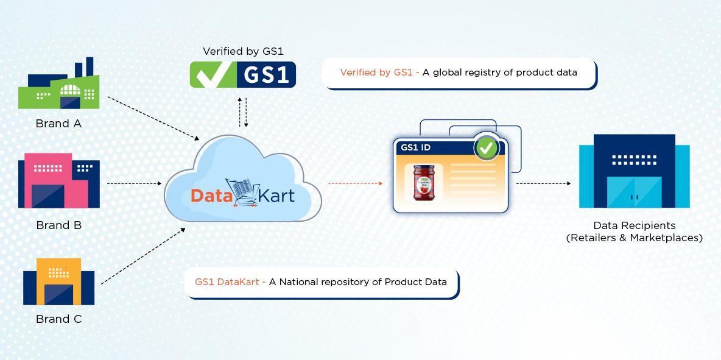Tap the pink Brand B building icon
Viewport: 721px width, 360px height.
pos(58,181)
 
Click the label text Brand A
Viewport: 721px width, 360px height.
pos(58,124)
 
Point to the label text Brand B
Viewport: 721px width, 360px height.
pos(58,225)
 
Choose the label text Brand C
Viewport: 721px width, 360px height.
pos(58,319)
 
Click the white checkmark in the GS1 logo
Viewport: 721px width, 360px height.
pos(211,74)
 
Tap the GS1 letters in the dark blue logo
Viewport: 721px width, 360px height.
pos(266,74)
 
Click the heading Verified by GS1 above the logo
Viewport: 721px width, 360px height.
pos(243,51)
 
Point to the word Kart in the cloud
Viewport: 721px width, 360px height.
pos(276,196)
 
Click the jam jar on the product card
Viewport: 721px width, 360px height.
pos(424,182)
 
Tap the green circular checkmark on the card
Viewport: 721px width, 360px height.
pos(487,147)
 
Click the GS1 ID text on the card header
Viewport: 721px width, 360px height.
pos(416,147)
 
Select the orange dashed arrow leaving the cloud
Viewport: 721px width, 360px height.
pos(355,183)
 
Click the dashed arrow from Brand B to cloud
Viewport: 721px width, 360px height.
pos(134,183)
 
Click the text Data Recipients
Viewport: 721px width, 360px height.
pos(634,225)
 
